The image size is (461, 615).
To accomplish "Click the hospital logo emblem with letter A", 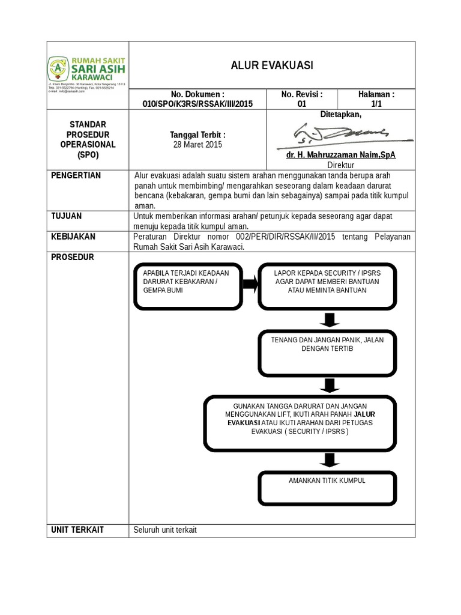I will [x=58, y=68].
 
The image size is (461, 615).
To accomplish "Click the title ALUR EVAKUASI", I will [x=272, y=65].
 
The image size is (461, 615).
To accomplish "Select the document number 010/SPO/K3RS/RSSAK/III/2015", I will [x=197, y=104].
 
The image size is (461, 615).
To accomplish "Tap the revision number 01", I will [x=302, y=104].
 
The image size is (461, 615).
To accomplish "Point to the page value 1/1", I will [x=376, y=104].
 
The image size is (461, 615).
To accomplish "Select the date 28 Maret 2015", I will [x=197, y=145].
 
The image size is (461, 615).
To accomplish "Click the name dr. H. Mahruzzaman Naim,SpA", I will [x=341, y=155].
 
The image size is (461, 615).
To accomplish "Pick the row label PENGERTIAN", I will [x=76, y=175].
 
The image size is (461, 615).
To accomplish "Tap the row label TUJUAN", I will [x=67, y=216].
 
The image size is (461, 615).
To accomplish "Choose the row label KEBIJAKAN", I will [x=73, y=237].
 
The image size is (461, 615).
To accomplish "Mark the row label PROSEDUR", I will [x=72, y=257].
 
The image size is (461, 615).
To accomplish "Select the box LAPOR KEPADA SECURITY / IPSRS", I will [x=327, y=285].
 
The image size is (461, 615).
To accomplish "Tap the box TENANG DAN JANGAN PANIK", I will [x=327, y=351].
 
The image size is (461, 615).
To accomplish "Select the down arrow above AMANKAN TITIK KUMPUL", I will [x=327, y=459].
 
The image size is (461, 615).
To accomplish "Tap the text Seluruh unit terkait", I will [x=165, y=530].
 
